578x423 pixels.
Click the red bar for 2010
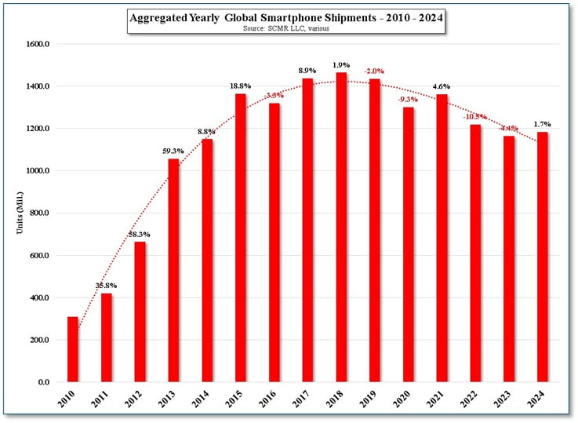point(73,349)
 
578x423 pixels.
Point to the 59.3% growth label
point(173,151)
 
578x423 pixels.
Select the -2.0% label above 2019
point(374,71)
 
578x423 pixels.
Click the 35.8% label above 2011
point(106,286)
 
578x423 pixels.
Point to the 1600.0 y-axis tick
point(38,44)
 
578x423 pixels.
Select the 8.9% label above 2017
point(307,70)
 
